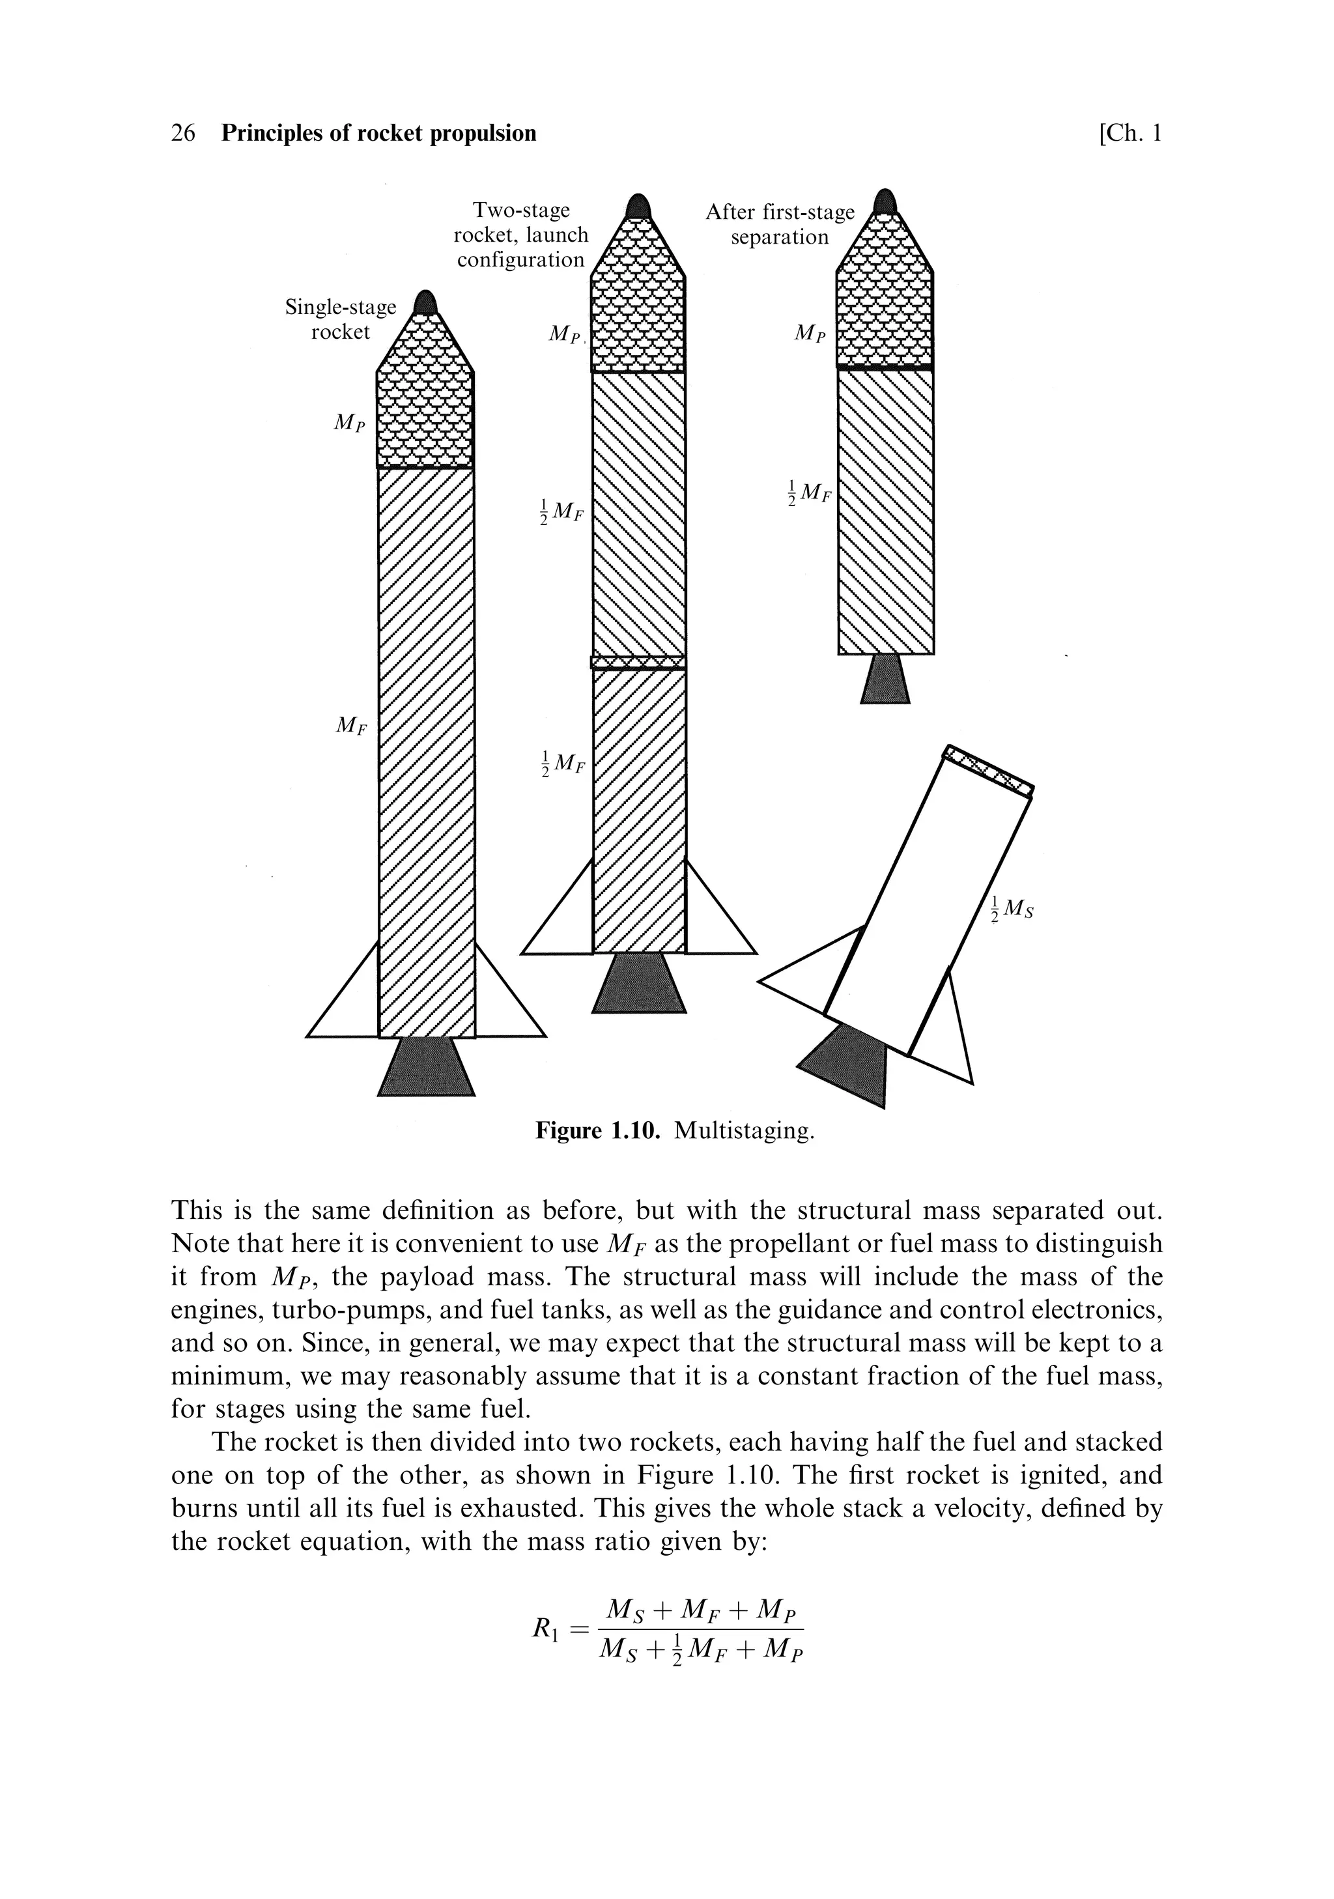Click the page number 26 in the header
[183, 133]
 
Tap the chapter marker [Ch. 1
[1129, 133]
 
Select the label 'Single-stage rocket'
[340, 319]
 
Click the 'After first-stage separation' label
[779, 224]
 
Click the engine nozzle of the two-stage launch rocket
[639, 982]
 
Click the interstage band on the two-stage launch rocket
[638, 662]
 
